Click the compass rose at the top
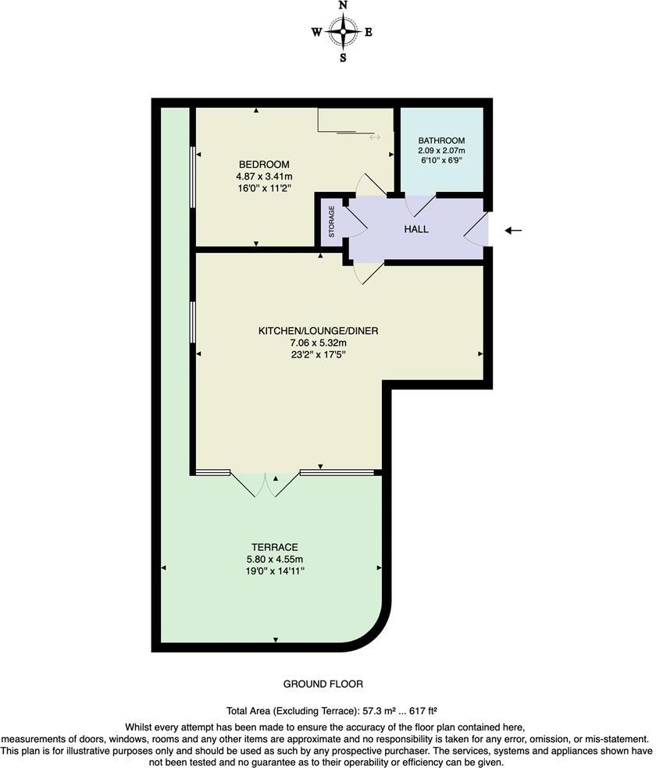343,32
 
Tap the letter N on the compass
343,6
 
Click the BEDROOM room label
264,165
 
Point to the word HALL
416,229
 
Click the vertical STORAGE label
331,222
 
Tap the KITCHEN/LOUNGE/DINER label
319,331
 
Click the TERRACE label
275,547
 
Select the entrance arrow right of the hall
514,230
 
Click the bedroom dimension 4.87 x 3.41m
264,177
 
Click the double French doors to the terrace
266,484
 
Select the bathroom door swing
419,204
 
